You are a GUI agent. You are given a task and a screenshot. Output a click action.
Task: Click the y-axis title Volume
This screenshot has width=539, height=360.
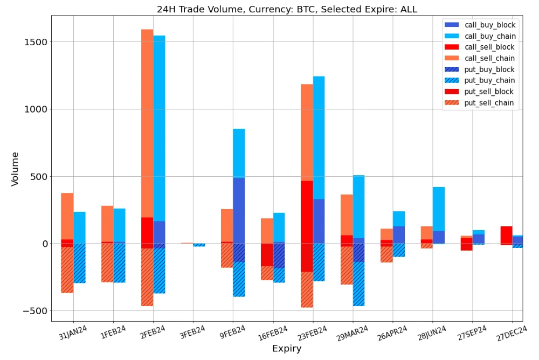[15, 169]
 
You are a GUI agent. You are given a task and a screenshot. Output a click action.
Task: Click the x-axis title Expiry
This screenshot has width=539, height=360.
[286, 349]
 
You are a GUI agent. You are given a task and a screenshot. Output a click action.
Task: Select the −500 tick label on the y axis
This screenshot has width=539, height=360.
[33, 311]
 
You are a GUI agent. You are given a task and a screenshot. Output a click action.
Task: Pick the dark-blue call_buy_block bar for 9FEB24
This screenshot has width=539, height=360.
[239, 210]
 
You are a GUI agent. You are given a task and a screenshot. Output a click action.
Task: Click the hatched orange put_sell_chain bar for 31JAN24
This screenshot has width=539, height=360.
[67, 269]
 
